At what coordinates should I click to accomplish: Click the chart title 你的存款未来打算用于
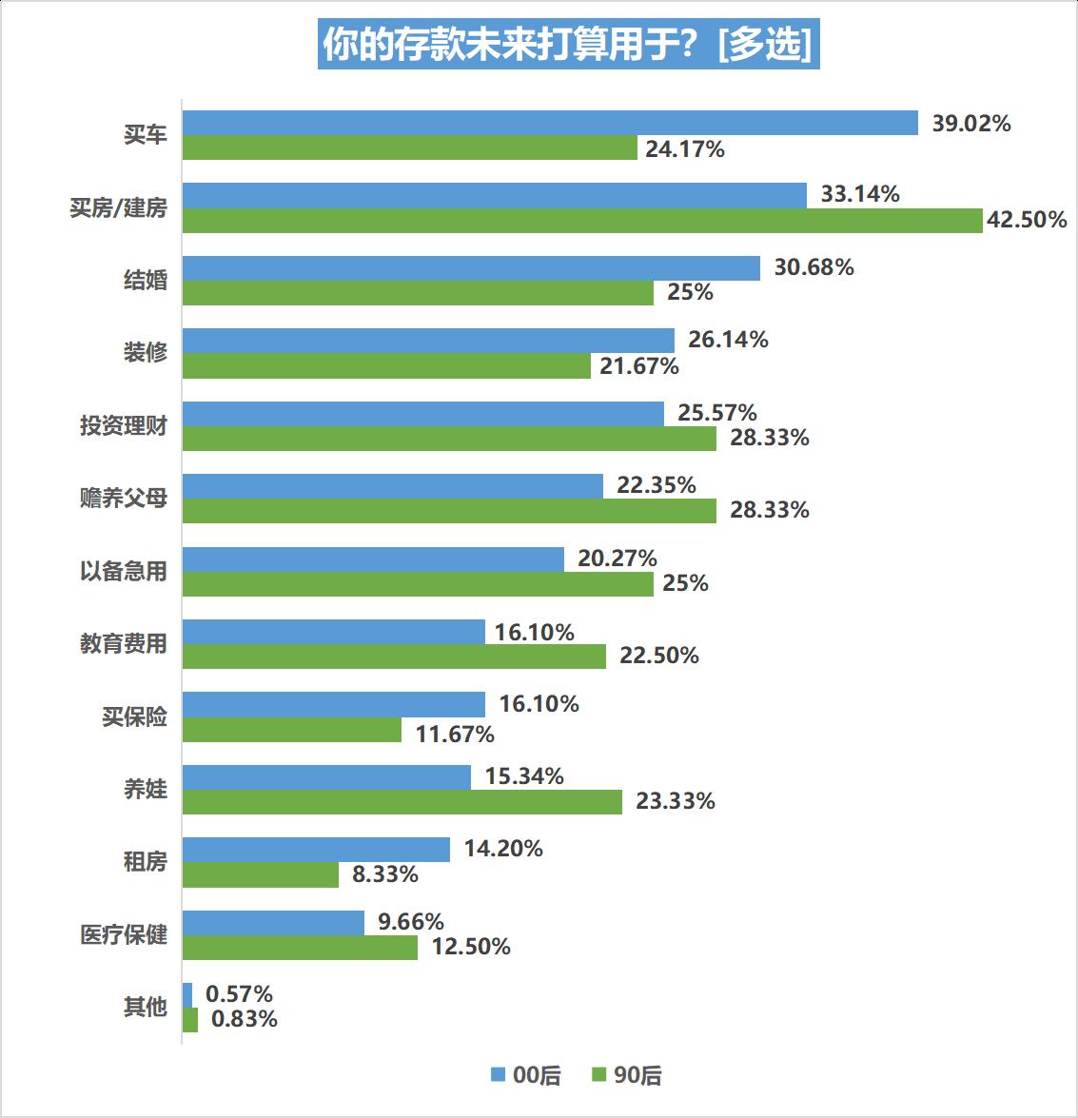568,45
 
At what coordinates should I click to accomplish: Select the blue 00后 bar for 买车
550,123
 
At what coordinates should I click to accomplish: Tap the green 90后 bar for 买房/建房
582,221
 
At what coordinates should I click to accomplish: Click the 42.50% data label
1027,220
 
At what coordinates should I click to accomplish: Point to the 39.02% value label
970,124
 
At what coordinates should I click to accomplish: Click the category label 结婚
145,280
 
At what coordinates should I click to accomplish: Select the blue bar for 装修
428,341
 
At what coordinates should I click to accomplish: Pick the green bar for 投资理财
449,439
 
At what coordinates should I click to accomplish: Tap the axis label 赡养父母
123,498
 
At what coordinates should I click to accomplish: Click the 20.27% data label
617,559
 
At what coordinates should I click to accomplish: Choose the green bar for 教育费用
394,657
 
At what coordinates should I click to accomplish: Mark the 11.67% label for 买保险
455,735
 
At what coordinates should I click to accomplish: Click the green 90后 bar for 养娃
402,802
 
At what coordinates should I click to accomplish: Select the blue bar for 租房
316,850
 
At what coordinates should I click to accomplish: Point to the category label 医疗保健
123,934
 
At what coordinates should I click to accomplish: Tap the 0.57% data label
239,994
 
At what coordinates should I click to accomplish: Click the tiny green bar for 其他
190,1020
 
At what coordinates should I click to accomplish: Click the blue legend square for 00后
498,1075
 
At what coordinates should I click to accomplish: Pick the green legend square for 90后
599,1075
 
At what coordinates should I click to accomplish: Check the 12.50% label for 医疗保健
470,947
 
